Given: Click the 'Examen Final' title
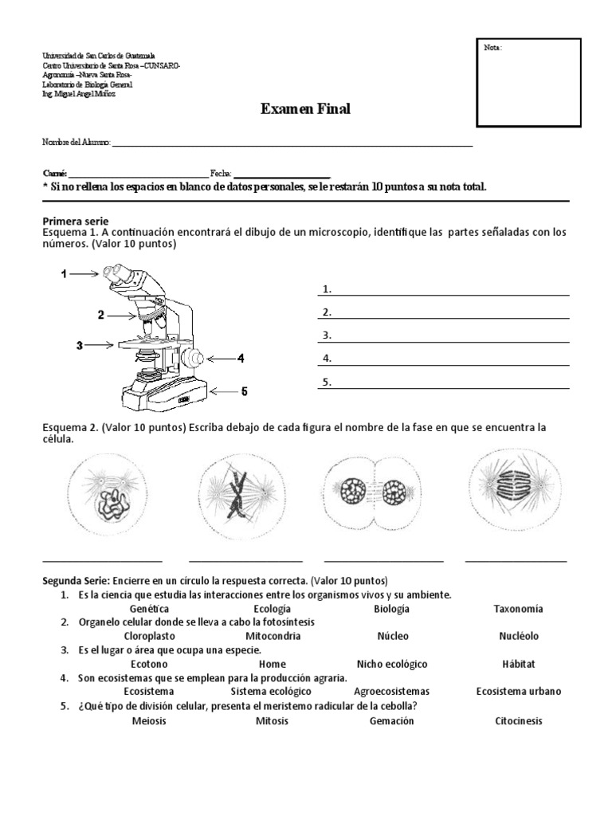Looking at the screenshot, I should coord(305,109).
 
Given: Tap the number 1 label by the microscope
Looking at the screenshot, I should coord(64,274).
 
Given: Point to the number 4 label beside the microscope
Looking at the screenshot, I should coord(240,359).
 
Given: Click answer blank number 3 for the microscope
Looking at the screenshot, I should coord(445,335).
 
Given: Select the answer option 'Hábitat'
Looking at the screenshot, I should coord(518,664).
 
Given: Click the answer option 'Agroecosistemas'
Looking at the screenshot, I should coord(391,691).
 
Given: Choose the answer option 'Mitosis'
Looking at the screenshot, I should coord(273,720).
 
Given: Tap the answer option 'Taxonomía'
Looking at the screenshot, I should coord(518,609).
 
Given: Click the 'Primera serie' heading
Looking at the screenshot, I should coord(75,221).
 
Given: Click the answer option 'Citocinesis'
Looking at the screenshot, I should coord(518,720).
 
